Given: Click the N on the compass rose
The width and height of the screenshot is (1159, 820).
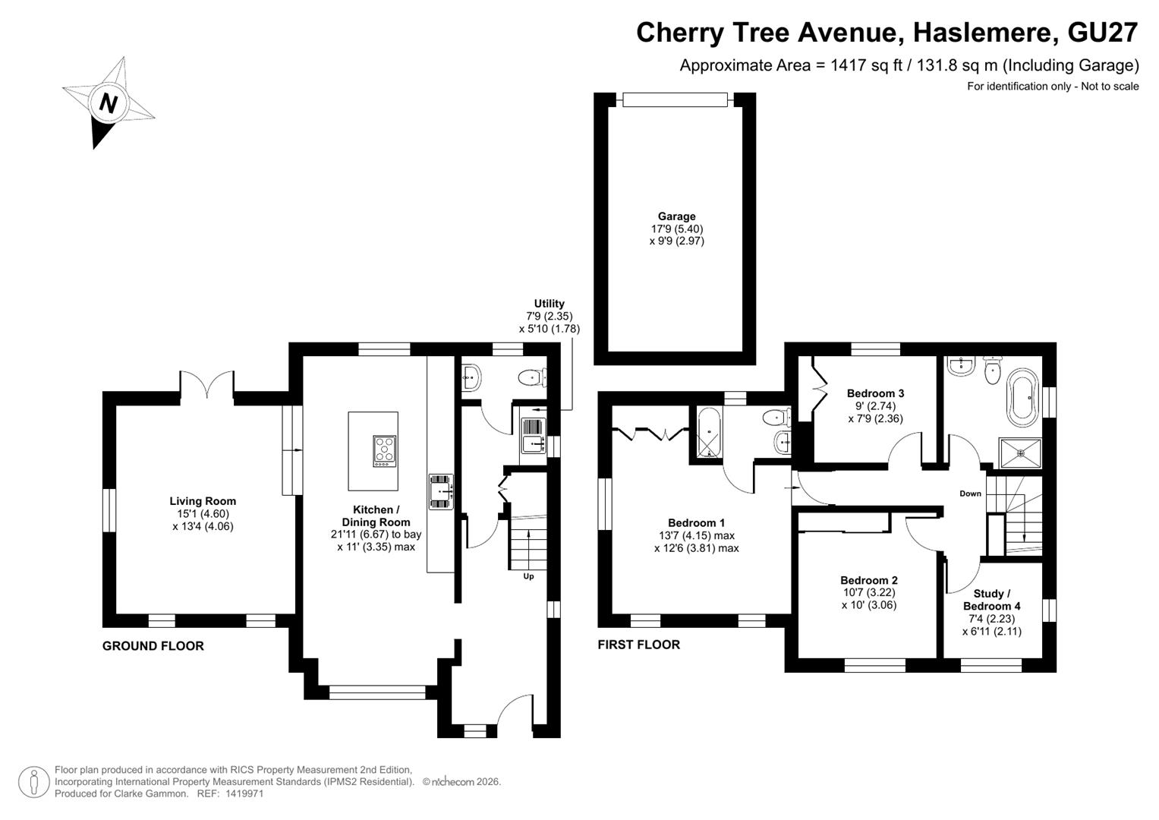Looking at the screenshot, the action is (x=108, y=103).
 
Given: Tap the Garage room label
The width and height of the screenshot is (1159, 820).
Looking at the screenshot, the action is (x=676, y=216).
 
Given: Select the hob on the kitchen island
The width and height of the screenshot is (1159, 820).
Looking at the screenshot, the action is (x=385, y=452).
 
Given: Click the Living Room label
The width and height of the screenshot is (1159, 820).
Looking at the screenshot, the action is (x=203, y=501).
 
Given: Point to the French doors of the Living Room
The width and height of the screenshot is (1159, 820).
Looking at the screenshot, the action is (x=207, y=384).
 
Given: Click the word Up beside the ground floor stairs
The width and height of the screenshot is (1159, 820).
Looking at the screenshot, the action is (x=528, y=576).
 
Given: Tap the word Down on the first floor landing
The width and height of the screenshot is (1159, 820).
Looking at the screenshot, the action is (x=970, y=494).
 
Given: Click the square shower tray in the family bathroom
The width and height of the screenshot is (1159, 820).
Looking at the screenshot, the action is (x=1020, y=453).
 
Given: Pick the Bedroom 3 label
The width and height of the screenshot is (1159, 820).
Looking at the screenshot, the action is (x=875, y=393).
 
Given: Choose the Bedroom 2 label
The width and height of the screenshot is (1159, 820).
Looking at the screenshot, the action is (x=869, y=580).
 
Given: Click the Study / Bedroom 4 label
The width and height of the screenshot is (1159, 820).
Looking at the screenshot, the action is (x=991, y=600).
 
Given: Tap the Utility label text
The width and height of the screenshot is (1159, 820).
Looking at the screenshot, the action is (x=549, y=304).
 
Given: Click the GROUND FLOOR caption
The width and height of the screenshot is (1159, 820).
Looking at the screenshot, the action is (x=153, y=646).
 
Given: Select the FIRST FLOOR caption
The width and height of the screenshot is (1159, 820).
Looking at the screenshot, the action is (x=639, y=645).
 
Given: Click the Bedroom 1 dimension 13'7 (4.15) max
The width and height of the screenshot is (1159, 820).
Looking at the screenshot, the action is (x=697, y=536).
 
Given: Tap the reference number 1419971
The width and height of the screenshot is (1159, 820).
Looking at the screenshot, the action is (x=244, y=793).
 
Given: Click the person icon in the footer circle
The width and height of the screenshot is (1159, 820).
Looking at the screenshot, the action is (x=34, y=782).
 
